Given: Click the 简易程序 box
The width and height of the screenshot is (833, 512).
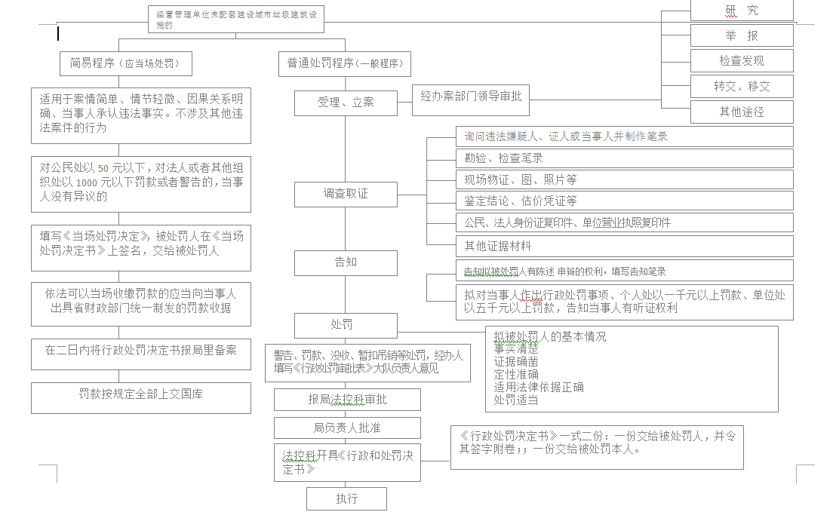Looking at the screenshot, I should click(125, 63).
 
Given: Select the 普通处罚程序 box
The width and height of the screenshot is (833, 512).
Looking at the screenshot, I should click(346, 64).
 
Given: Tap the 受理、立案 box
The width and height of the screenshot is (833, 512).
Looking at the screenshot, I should click(346, 103).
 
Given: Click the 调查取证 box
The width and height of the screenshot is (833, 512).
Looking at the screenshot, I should click(346, 194).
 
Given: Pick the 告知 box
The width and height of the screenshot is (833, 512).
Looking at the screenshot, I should click(346, 262).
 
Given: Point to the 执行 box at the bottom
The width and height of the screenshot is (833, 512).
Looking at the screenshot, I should click(346, 498).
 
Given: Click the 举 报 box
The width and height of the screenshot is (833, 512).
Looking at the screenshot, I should click(742, 35).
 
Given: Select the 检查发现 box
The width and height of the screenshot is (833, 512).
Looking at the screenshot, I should click(742, 61).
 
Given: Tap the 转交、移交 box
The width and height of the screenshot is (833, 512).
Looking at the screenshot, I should click(742, 86).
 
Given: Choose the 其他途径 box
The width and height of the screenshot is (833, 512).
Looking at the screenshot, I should click(742, 112).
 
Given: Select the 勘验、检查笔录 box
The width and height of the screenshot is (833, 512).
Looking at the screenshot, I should click(624, 158).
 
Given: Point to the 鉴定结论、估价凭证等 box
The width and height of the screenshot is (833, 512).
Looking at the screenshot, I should click(624, 201).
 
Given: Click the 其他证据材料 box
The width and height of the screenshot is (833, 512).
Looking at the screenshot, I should click(624, 246).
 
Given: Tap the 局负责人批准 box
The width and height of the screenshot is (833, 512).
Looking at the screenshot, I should click(347, 428).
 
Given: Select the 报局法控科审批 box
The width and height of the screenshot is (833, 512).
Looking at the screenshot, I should click(347, 400).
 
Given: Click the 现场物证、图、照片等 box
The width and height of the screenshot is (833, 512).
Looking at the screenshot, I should click(624, 180).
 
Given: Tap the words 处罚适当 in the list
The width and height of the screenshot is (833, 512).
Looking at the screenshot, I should click(516, 400).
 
